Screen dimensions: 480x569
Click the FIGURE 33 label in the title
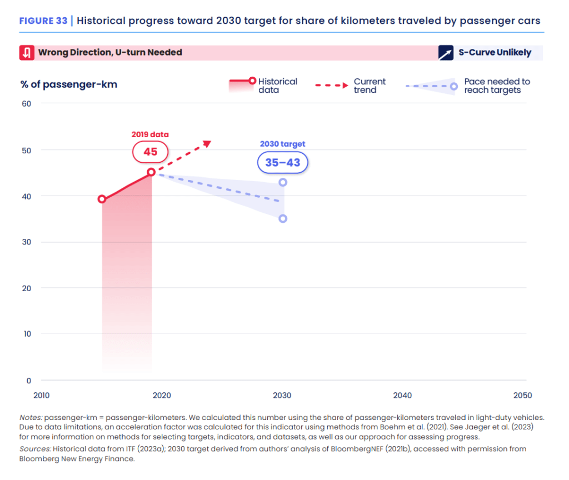(x=43, y=21)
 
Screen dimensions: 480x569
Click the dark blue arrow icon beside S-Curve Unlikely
(x=446, y=53)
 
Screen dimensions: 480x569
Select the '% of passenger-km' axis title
(x=69, y=84)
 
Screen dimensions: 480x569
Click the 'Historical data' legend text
(x=278, y=86)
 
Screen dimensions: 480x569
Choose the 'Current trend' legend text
(x=370, y=86)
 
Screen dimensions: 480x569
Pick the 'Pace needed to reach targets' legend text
(x=497, y=86)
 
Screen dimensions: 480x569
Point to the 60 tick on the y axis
(x=27, y=103)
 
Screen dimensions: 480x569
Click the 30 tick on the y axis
(x=27, y=242)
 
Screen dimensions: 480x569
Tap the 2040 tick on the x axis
(x=402, y=396)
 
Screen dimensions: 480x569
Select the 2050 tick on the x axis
(x=523, y=396)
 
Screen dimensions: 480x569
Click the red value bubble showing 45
(x=150, y=152)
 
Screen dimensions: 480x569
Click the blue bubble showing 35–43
(x=282, y=163)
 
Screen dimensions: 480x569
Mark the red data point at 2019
(x=151, y=172)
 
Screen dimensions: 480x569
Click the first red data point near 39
(x=102, y=199)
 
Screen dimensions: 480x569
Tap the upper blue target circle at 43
(x=283, y=182)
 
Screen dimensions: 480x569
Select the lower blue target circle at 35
(x=283, y=218)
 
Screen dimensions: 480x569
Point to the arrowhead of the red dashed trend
(x=208, y=143)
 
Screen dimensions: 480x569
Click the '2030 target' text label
(x=282, y=144)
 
